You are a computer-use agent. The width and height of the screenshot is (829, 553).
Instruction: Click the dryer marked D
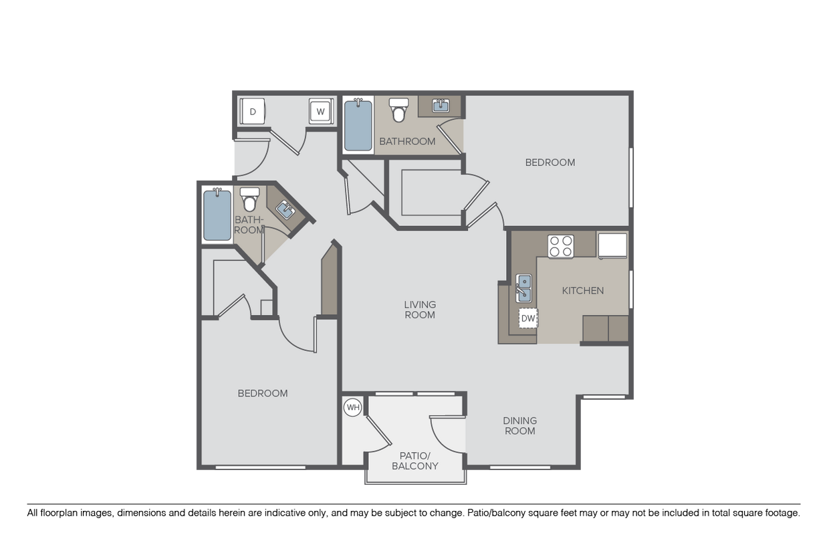pyautogui.click(x=253, y=112)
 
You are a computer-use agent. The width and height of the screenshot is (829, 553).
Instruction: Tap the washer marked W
pyautogui.click(x=320, y=112)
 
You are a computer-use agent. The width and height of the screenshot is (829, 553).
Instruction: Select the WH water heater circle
pyautogui.click(x=353, y=407)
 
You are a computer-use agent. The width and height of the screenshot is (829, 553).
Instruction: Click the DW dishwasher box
pyautogui.click(x=528, y=318)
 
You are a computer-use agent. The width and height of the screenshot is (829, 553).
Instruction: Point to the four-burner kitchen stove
pyautogui.click(x=561, y=246)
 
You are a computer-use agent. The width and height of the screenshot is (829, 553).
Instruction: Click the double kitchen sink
pyautogui.click(x=524, y=288)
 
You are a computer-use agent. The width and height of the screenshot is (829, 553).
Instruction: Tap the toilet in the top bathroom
pyautogui.click(x=399, y=110)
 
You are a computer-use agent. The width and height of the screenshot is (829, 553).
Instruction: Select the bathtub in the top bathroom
pyautogui.click(x=358, y=125)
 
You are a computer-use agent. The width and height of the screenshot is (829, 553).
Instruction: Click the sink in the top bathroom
pyautogui.click(x=441, y=106)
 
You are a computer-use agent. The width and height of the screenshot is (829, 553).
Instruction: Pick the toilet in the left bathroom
pyautogui.click(x=249, y=200)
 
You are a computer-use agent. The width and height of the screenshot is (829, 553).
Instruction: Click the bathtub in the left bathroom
pyautogui.click(x=217, y=215)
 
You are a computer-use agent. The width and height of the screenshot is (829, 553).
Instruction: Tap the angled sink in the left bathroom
pyautogui.click(x=285, y=211)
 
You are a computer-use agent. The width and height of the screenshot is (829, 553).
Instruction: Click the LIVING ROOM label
pyautogui.click(x=420, y=310)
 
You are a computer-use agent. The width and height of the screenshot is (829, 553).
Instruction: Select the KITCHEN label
pyautogui.click(x=583, y=291)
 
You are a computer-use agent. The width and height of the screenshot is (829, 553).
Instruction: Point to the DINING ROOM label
pyautogui.click(x=520, y=426)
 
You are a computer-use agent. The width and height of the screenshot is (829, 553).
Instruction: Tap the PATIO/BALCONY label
pyautogui.click(x=414, y=461)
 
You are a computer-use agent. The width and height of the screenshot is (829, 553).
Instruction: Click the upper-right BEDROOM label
pyautogui.click(x=550, y=162)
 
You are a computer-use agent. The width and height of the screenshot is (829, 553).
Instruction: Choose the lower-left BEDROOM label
pyautogui.click(x=263, y=393)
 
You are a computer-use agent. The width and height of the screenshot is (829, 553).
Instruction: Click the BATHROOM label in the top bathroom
pyautogui.click(x=407, y=142)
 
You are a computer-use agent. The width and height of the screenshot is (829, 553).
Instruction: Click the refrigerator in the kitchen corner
pyautogui.click(x=612, y=245)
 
